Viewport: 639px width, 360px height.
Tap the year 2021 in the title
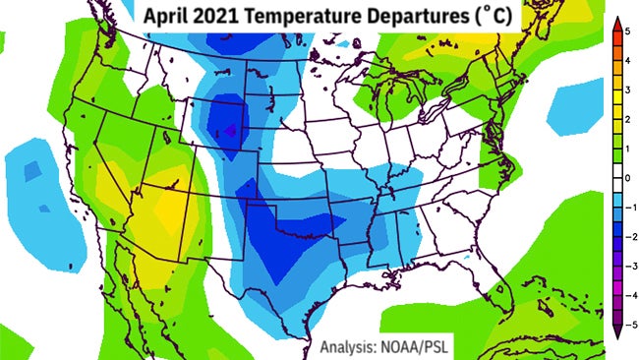point(218,17)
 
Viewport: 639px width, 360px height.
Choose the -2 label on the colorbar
point(628,236)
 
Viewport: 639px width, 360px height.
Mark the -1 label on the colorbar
point(628,208)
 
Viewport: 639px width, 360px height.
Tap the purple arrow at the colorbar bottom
point(614,332)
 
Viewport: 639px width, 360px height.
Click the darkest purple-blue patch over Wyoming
point(232,128)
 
